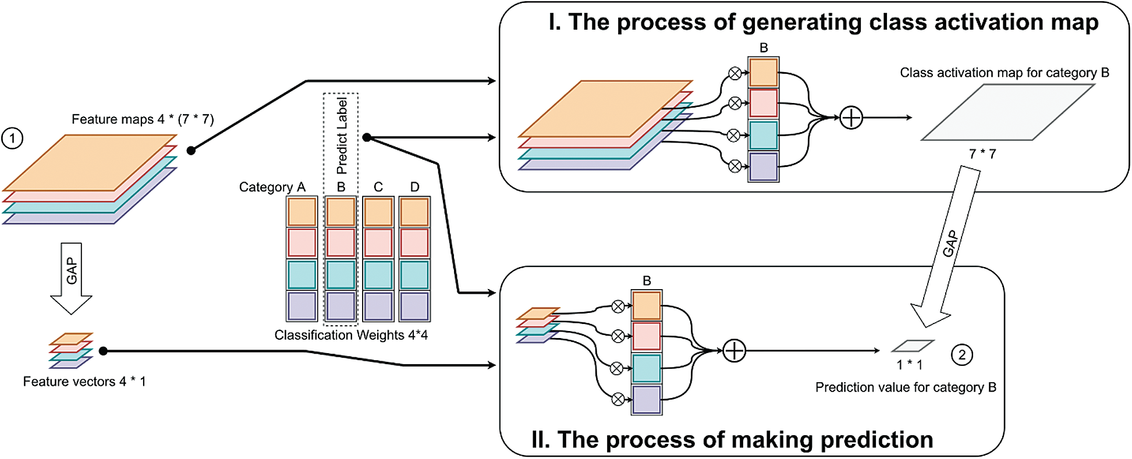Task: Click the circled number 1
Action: pos(12,138)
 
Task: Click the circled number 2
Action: pos(962,355)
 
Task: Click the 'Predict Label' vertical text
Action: pos(342,136)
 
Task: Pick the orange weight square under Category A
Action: pos(302,212)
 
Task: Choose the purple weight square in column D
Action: pos(414,306)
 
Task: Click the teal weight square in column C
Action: pos(378,275)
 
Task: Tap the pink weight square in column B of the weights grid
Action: pos(341,243)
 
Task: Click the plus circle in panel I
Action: pos(851,118)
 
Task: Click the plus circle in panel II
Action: pos(734,351)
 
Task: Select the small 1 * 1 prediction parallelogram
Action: pos(913,346)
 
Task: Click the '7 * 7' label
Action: pos(982,154)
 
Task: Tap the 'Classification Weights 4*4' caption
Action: pos(351,335)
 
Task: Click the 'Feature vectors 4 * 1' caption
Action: pos(84,382)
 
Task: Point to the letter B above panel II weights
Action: pos(647,281)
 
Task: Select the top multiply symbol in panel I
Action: pos(735,73)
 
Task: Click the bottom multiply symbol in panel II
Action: pos(618,399)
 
